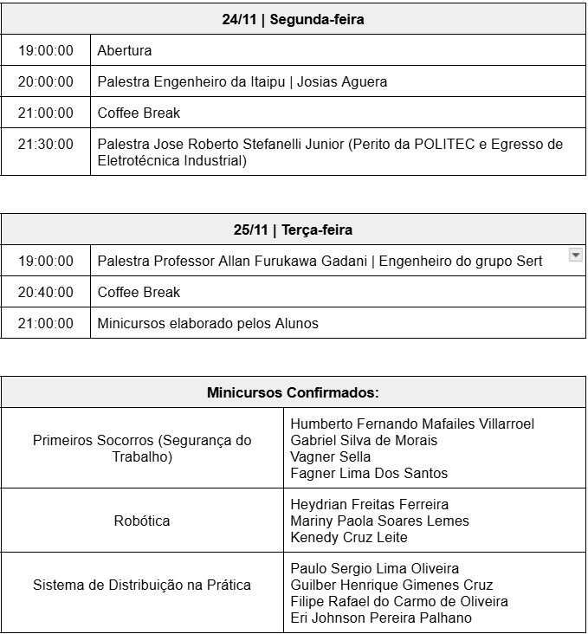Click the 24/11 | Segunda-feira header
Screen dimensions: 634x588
(x=293, y=20)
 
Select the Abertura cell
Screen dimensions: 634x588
(x=125, y=50)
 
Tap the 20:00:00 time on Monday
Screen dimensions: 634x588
(x=46, y=81)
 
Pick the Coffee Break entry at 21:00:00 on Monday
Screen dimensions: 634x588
(x=139, y=113)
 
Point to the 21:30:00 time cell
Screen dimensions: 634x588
(x=46, y=144)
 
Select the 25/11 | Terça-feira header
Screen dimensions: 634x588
(x=293, y=230)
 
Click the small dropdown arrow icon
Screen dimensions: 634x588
(x=575, y=255)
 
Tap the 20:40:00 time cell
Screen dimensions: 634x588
(x=46, y=292)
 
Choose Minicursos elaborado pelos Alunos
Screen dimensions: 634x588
(x=208, y=323)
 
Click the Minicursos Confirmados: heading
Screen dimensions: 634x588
(x=293, y=392)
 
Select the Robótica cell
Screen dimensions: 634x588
(x=142, y=521)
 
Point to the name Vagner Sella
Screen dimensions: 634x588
(x=331, y=456)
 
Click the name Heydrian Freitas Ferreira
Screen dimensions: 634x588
(x=369, y=504)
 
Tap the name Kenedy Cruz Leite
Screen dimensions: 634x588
(x=349, y=537)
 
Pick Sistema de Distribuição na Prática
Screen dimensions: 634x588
(x=142, y=585)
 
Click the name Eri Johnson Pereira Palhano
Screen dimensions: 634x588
(x=381, y=618)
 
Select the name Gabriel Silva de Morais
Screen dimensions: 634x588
(x=364, y=440)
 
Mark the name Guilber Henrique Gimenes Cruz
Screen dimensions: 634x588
(x=391, y=585)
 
